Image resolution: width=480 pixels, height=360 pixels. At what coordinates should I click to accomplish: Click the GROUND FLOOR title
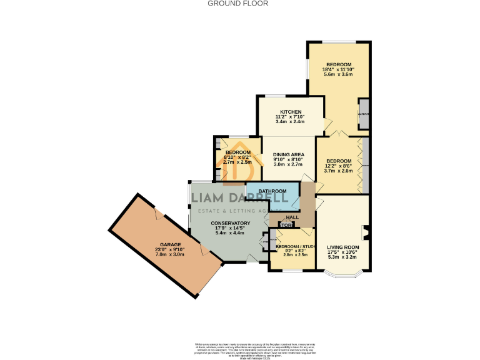point(237,3)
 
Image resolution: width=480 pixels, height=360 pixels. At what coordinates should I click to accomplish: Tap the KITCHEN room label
point(291,111)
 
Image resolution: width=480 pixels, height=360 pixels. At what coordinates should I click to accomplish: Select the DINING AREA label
point(289,154)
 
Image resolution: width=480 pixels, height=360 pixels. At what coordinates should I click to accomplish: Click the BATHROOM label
point(273,191)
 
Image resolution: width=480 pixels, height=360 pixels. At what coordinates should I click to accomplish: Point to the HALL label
point(292,217)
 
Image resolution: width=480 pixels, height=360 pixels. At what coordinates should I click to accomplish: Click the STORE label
point(286,225)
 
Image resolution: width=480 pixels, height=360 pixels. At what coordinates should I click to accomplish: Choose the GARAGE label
point(170,244)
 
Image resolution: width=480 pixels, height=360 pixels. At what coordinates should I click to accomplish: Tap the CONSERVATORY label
point(231,223)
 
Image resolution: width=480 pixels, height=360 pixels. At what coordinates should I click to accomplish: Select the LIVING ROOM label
point(343,247)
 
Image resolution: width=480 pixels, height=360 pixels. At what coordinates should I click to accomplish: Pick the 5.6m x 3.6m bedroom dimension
point(338,74)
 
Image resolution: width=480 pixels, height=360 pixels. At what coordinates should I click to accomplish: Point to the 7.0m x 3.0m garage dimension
point(170,254)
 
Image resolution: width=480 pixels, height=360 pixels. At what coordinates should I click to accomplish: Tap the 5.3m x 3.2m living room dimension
point(342,257)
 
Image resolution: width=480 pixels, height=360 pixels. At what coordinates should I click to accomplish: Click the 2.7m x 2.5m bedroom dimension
point(237,162)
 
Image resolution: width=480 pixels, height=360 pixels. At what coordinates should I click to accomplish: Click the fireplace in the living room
point(366,232)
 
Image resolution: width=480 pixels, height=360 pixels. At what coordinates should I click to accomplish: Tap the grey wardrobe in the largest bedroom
point(364,114)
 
